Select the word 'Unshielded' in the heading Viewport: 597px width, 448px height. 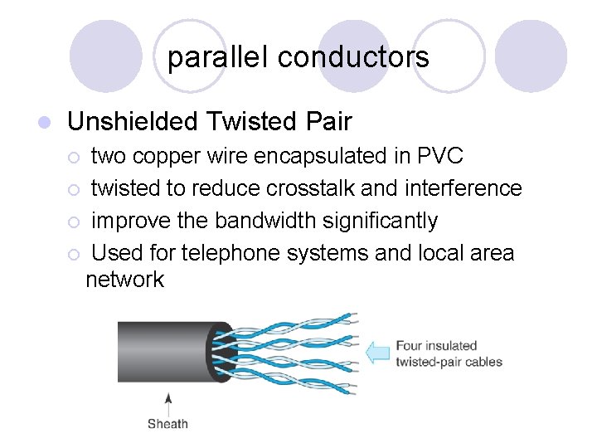pos(133,122)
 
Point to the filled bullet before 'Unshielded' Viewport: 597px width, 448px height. pos(46,123)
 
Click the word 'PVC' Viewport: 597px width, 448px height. pos(439,156)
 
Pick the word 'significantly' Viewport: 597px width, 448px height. pos(385,221)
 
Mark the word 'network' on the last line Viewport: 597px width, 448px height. pos(125,280)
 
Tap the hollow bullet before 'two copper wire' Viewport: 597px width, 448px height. pos(74,157)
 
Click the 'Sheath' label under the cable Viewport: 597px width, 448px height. pos(167,424)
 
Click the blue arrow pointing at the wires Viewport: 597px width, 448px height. pos(378,353)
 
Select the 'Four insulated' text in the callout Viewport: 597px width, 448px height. pos(436,345)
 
